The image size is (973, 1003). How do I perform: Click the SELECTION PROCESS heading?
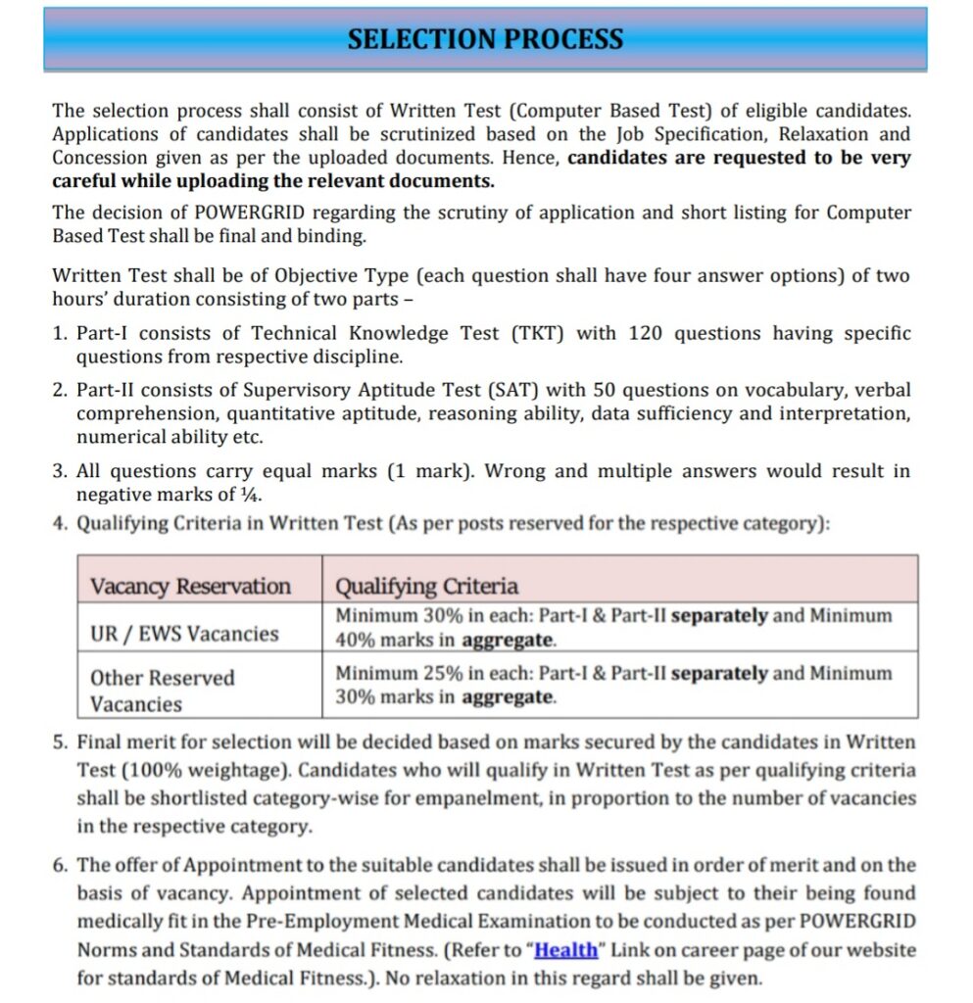pyautogui.click(x=485, y=39)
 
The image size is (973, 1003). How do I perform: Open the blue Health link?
pyautogui.click(x=566, y=950)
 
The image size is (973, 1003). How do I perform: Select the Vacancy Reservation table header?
pyautogui.click(x=190, y=587)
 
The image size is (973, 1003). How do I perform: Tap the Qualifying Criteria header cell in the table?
pyautogui.click(x=426, y=587)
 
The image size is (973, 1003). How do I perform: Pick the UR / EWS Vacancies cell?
pyautogui.click(x=184, y=633)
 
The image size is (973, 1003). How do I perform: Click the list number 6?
pyautogui.click(x=60, y=865)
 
